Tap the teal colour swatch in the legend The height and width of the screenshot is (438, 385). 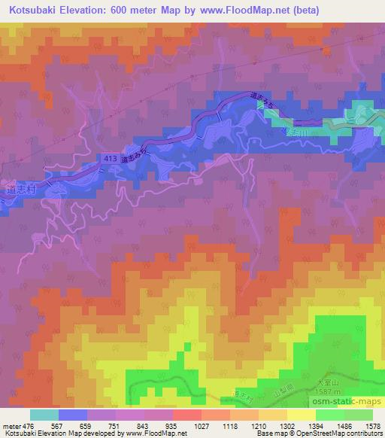44,415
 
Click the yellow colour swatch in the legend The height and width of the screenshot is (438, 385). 302,415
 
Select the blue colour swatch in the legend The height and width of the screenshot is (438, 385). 73,415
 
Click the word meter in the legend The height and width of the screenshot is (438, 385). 11,425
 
